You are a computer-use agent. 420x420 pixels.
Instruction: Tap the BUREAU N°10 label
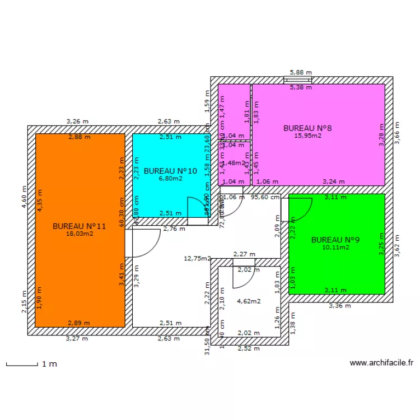(170, 171)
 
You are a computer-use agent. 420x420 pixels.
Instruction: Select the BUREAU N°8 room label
(307, 128)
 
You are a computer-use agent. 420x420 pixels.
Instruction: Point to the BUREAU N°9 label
(335, 240)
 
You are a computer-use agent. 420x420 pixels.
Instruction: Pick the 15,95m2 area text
(307, 136)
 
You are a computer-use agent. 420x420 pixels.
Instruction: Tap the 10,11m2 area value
(335, 247)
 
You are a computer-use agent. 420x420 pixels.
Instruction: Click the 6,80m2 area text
(170, 179)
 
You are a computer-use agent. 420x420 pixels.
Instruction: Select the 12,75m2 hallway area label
(198, 259)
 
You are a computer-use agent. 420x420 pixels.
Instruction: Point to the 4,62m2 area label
(249, 301)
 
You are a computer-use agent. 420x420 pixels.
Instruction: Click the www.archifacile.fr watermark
(381, 363)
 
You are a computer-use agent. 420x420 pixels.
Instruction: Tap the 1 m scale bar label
(49, 364)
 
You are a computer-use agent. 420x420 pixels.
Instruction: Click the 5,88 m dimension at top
(300, 72)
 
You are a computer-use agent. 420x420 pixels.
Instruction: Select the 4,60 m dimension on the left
(24, 198)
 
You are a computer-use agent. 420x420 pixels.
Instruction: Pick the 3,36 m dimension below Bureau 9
(339, 306)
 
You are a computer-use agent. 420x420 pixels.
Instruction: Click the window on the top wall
(300, 80)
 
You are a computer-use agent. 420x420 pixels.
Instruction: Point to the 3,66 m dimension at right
(398, 134)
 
